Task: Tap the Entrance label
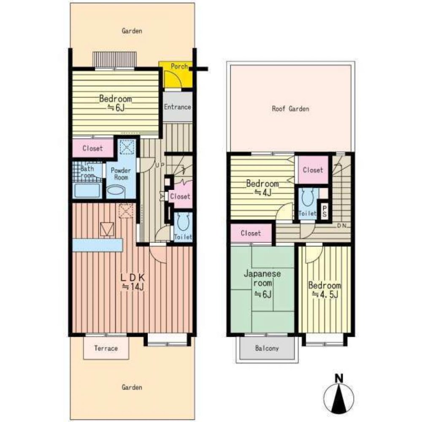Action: (177, 107)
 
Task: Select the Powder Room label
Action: (121, 174)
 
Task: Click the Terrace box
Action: (105, 349)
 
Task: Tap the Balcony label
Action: (267, 349)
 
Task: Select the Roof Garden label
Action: (290, 109)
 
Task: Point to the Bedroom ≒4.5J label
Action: (324, 289)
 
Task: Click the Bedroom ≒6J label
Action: (115, 103)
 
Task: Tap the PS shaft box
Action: (324, 211)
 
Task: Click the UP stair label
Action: (160, 165)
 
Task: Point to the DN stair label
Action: (342, 226)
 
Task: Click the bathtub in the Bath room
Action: (87, 191)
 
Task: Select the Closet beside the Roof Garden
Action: (313, 170)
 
